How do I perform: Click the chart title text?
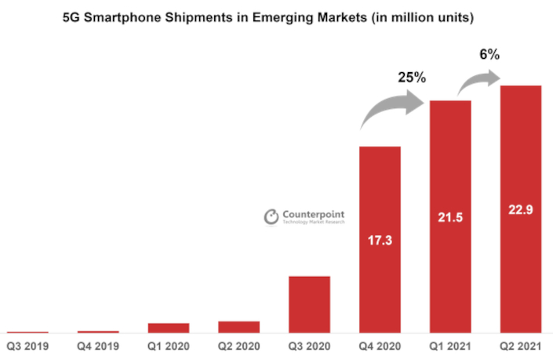tap(276, 16)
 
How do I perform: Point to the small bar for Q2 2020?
tap(238, 327)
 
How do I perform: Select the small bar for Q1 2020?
tap(169, 328)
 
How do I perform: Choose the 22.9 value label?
tap(521, 209)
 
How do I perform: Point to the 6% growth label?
tap(489, 56)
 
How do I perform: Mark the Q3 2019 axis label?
tap(27, 346)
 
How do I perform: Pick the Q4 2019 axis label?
tap(97, 346)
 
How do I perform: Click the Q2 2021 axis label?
tap(521, 346)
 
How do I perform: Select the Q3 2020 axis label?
tap(309, 346)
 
